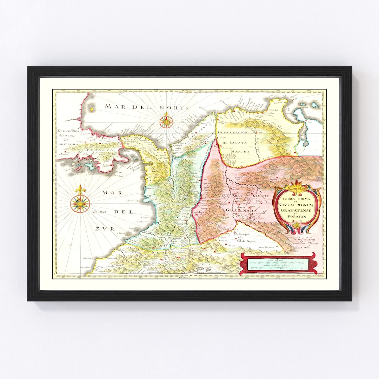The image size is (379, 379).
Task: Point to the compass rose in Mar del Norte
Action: [x=166, y=121]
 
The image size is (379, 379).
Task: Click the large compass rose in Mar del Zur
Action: [x=80, y=203]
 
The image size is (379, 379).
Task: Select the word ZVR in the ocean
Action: [x=105, y=229]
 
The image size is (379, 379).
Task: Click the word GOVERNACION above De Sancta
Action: [x=232, y=132]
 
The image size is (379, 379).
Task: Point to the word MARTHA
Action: [x=240, y=152]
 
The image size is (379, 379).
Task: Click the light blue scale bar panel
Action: [x=277, y=264]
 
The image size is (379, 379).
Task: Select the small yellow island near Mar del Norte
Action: [x=92, y=109]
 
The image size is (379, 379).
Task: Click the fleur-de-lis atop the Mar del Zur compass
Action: [x=80, y=190]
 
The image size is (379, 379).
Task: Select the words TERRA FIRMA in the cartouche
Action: [x=297, y=199]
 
